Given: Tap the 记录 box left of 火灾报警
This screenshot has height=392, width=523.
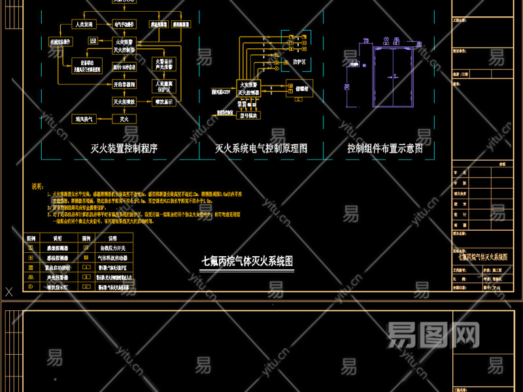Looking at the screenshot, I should pyautogui.click(x=93, y=41).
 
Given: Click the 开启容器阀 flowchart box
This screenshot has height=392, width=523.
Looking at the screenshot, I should pyautogui.click(x=124, y=84).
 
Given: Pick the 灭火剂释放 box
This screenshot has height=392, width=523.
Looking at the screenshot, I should pyautogui.click(x=124, y=102).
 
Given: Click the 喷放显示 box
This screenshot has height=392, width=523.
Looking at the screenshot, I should pyautogui.click(x=163, y=102).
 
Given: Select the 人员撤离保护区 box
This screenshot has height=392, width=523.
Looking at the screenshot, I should pyautogui.click(x=163, y=85).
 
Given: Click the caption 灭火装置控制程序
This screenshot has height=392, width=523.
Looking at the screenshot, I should pyautogui.click(x=124, y=149).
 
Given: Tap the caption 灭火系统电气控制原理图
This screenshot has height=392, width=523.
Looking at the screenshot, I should pyautogui.click(x=261, y=149).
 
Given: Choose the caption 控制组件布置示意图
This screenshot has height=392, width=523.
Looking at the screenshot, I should pyautogui.click(x=385, y=149).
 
